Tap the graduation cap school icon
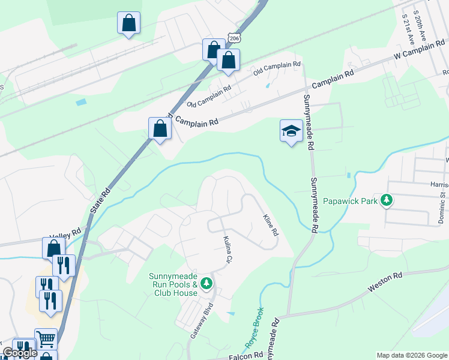(x=291, y=131)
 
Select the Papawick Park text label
(x=351, y=201)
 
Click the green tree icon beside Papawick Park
(x=387, y=200)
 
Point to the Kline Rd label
(x=270, y=224)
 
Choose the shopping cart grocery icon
(x=46, y=338)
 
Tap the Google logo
(x=20, y=353)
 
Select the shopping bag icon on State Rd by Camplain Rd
(x=160, y=128)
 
